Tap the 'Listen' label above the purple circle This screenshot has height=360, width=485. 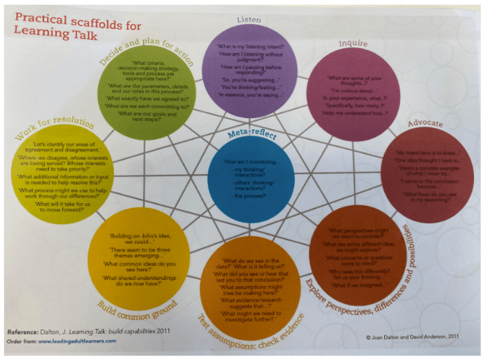pos(251,20)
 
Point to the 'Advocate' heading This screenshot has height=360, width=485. pos(425,124)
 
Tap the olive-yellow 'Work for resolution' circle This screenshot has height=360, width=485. pos(59,176)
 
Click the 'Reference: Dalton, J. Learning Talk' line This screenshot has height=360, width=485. pos(97,330)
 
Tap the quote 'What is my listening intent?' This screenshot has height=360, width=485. pos(251,45)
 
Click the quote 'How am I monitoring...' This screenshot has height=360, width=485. pos(249,161)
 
